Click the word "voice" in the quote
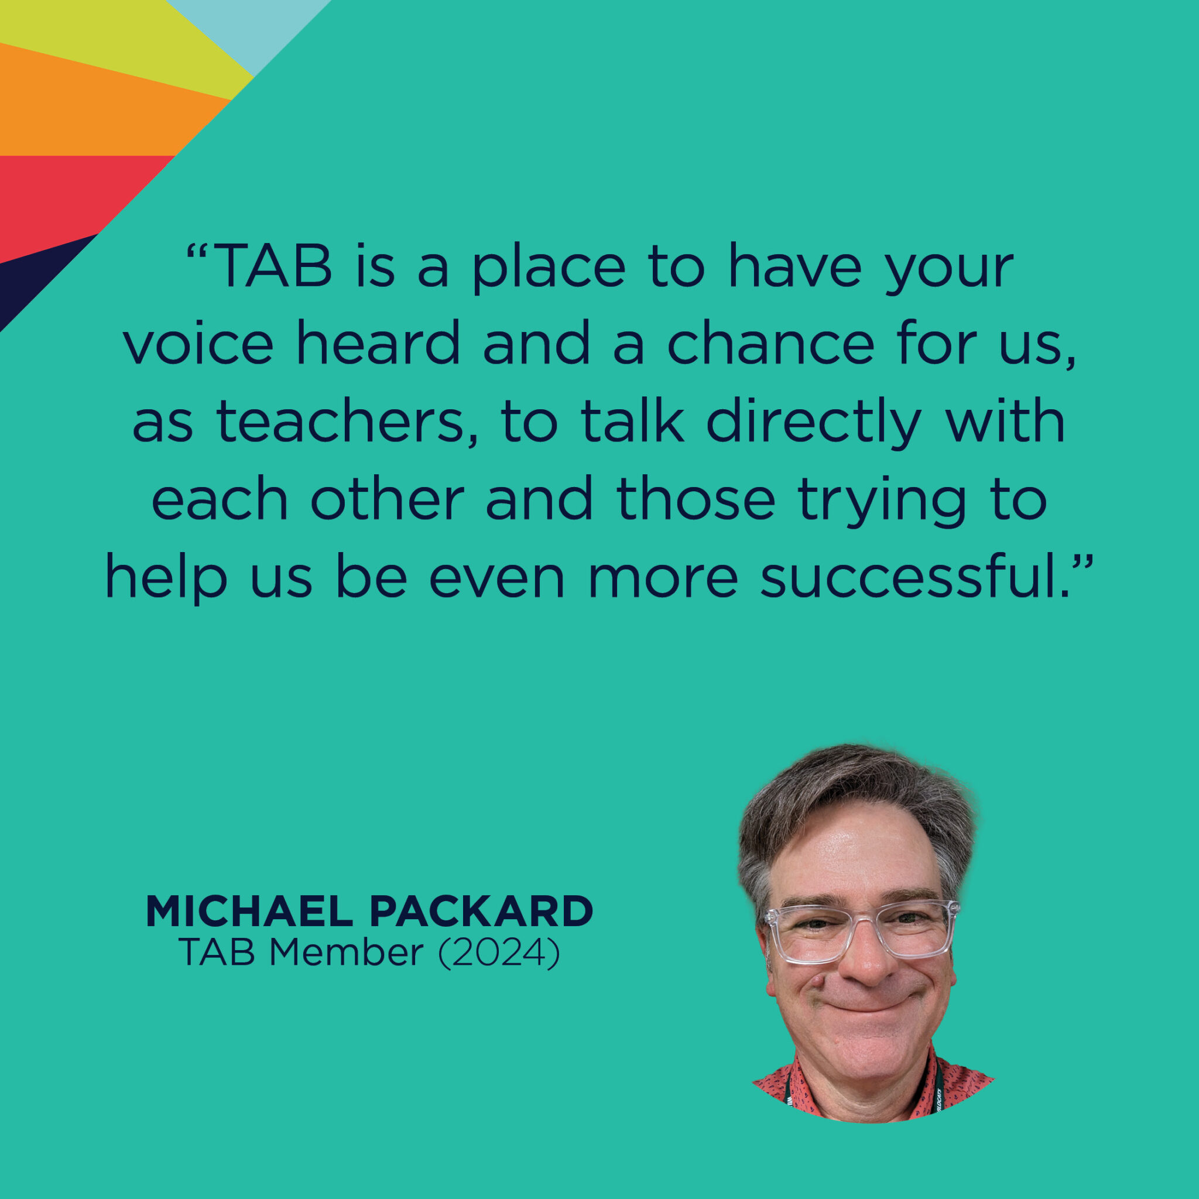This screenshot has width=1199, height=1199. pos(198,344)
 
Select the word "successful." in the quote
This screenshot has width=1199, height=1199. pos(916,578)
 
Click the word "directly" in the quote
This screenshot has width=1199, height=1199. pos(813,423)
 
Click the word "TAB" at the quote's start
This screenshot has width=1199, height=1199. pos(275,267)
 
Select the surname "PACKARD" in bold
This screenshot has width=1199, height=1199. pos(482,912)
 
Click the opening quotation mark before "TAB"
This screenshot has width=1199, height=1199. pos(196,251)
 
